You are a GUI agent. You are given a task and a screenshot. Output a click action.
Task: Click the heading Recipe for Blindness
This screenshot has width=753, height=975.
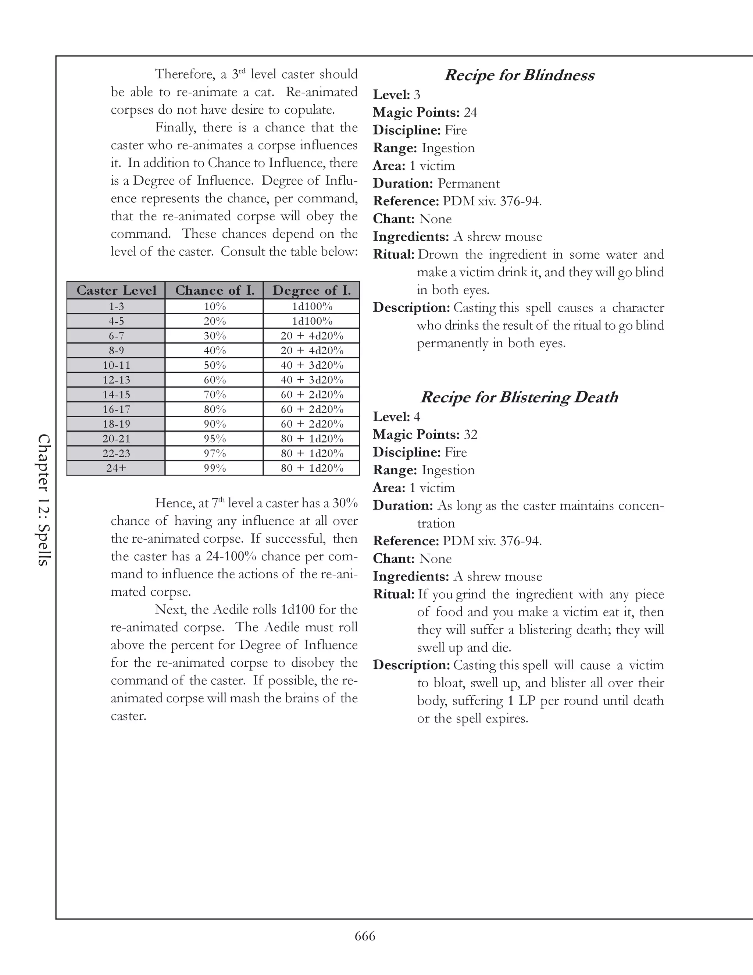tap(519, 75)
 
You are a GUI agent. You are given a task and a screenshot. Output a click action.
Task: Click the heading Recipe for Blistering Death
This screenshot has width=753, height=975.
tap(519, 397)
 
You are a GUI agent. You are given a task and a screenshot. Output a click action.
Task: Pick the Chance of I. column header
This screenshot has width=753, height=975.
tap(215, 290)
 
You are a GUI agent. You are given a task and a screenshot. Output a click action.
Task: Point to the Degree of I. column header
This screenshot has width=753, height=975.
tap(311, 290)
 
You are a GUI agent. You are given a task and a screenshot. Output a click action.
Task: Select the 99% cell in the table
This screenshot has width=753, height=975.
tap(215, 468)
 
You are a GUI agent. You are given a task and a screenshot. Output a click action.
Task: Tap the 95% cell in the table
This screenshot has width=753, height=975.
tap(215, 439)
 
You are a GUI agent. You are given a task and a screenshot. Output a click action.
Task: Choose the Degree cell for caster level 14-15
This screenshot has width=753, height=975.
tap(312, 395)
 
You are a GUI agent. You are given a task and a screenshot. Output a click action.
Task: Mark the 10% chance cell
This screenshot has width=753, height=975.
tap(215, 306)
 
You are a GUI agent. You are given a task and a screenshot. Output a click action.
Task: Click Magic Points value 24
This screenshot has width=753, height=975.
tap(470, 113)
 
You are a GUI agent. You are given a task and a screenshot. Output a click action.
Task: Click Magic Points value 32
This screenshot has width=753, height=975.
tap(470, 435)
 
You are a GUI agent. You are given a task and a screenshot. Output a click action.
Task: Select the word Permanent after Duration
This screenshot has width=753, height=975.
tap(468, 184)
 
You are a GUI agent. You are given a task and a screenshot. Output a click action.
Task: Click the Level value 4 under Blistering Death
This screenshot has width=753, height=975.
tap(417, 417)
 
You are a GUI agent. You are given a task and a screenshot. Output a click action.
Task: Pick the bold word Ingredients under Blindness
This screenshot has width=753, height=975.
tap(411, 237)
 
